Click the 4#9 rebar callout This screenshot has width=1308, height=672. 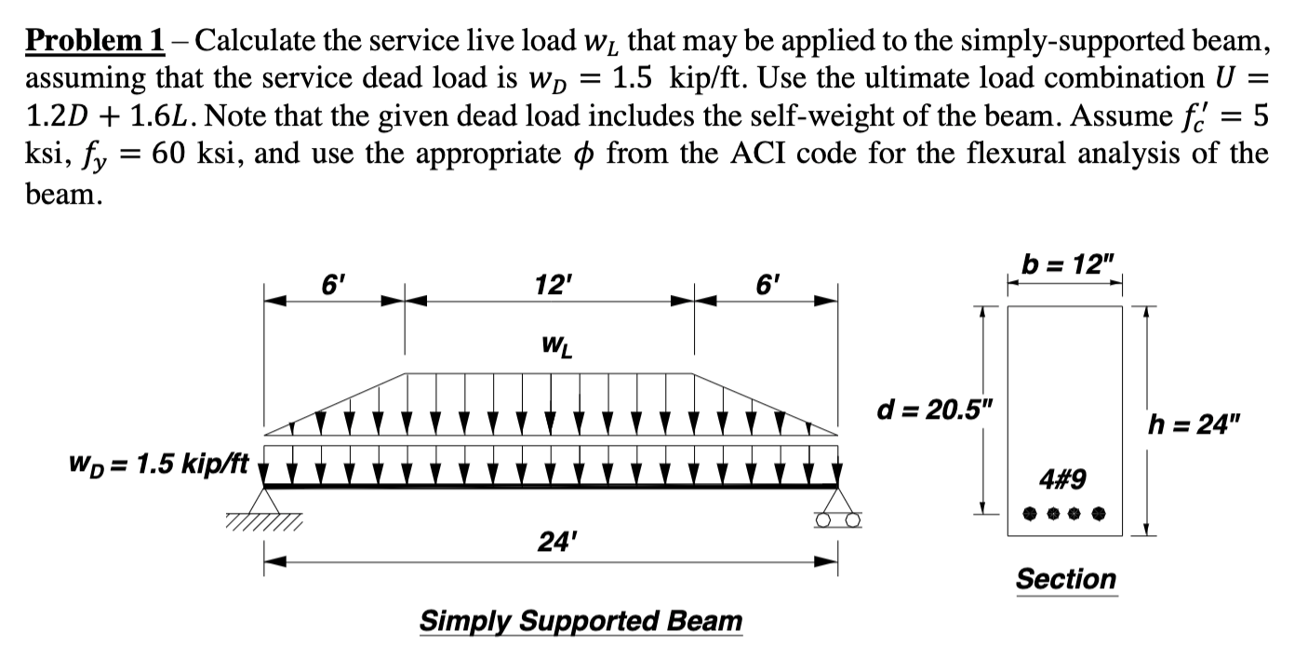tap(1063, 479)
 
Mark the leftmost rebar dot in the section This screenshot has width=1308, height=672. tap(1027, 513)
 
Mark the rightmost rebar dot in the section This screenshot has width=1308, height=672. tap(1101, 513)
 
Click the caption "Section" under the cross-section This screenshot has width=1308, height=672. tap(1065, 579)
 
